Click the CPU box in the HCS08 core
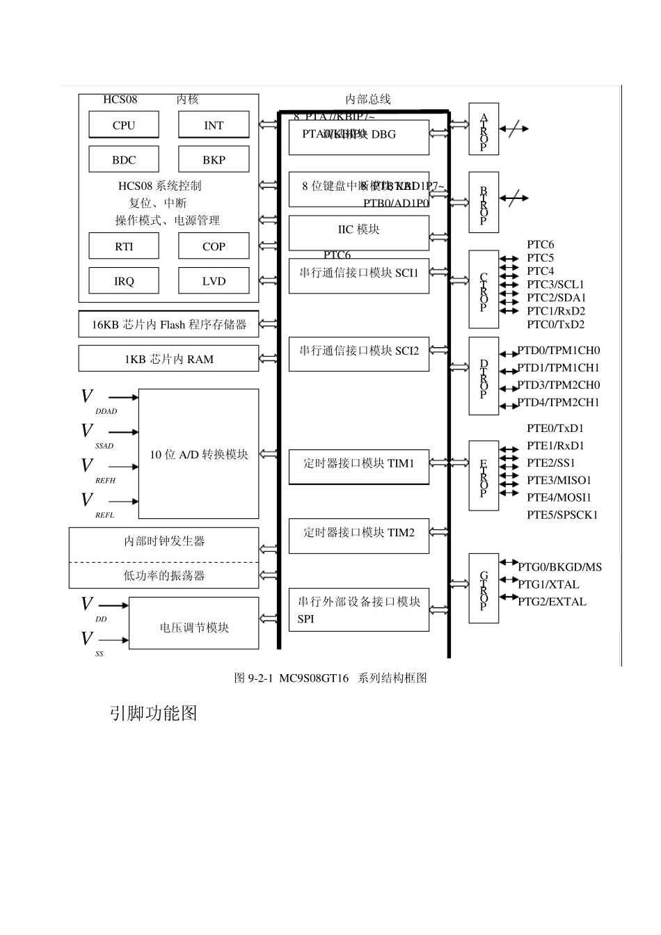tap(124, 125)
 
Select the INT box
tap(214, 125)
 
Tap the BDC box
tap(124, 159)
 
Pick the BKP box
tap(214, 159)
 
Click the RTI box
tap(124, 246)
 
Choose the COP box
tap(214, 246)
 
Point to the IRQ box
tap(124, 281)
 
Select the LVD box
tap(214, 281)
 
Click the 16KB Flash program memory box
tap(168, 324)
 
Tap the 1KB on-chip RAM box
tap(168, 359)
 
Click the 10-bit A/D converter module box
tap(199, 454)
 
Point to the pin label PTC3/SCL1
tap(555, 284)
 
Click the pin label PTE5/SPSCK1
tap(562, 515)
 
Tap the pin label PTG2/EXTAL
tap(552, 602)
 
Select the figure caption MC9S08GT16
tap(330, 678)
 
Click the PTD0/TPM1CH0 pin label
tap(558, 350)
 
